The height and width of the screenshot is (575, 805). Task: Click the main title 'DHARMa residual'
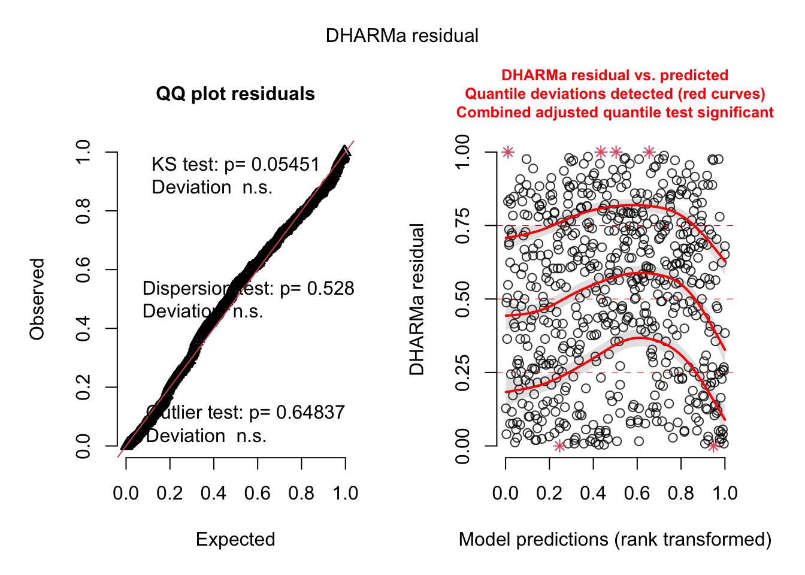(402, 36)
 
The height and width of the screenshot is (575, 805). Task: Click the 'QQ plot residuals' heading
(235, 94)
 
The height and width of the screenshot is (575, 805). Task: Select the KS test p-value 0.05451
(285, 165)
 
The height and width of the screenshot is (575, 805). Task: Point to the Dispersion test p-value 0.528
(331, 289)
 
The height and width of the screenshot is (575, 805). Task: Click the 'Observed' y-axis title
(37, 299)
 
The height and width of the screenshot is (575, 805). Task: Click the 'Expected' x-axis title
(235, 539)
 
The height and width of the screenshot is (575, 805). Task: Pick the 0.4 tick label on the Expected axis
(213, 494)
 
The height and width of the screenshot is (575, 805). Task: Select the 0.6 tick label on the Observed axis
(83, 270)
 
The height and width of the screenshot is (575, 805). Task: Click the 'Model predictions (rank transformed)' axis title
(615, 539)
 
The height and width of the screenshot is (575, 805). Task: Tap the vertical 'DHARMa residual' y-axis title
(417, 299)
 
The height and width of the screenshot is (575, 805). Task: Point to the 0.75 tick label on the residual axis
(463, 226)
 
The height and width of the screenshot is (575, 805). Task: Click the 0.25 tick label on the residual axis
(463, 373)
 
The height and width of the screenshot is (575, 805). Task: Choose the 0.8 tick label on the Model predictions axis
(681, 494)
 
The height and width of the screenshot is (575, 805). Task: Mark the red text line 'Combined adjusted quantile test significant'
(615, 113)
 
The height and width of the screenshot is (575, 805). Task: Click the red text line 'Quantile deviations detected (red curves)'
(615, 94)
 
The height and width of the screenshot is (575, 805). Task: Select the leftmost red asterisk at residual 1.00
(508, 152)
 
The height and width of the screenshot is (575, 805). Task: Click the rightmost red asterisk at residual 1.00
(649, 152)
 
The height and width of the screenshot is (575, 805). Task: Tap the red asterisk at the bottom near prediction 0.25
(559, 446)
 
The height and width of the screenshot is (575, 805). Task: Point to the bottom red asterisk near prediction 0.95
(713, 446)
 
